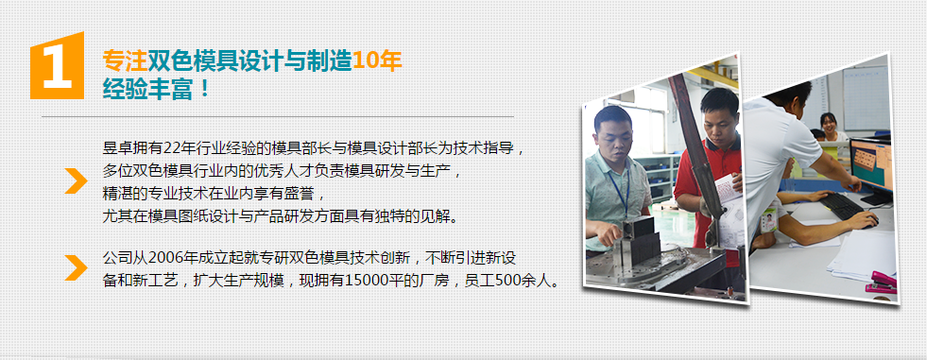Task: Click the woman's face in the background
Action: [x=829, y=124]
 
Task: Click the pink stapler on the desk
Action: [x=882, y=281]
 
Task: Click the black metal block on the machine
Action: [x=644, y=240]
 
